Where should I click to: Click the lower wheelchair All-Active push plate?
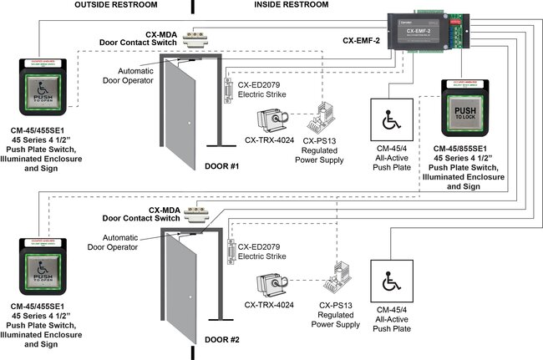[391, 285]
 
